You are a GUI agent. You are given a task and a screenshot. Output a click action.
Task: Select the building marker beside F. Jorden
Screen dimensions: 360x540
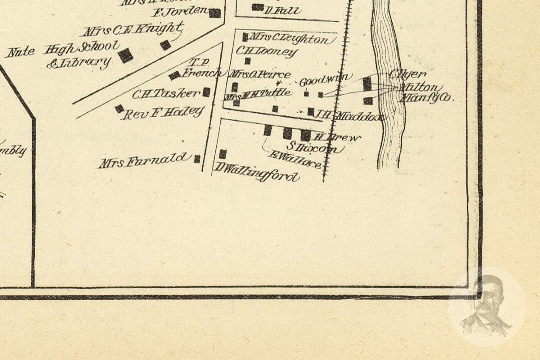point(215,14)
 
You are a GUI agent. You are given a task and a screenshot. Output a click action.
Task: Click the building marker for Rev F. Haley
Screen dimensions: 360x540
point(119,108)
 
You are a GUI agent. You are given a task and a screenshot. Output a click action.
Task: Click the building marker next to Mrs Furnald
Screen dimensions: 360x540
point(197,159)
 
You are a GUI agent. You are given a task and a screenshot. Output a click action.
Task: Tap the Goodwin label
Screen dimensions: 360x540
point(324,80)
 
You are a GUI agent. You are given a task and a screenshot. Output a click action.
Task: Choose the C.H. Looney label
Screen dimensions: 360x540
point(266,51)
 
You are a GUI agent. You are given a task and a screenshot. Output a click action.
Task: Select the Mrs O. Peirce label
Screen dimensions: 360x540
point(260,75)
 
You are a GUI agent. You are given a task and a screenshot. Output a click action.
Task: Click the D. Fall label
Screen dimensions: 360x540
point(283,10)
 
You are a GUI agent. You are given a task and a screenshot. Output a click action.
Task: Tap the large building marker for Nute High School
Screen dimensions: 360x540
point(126,55)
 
